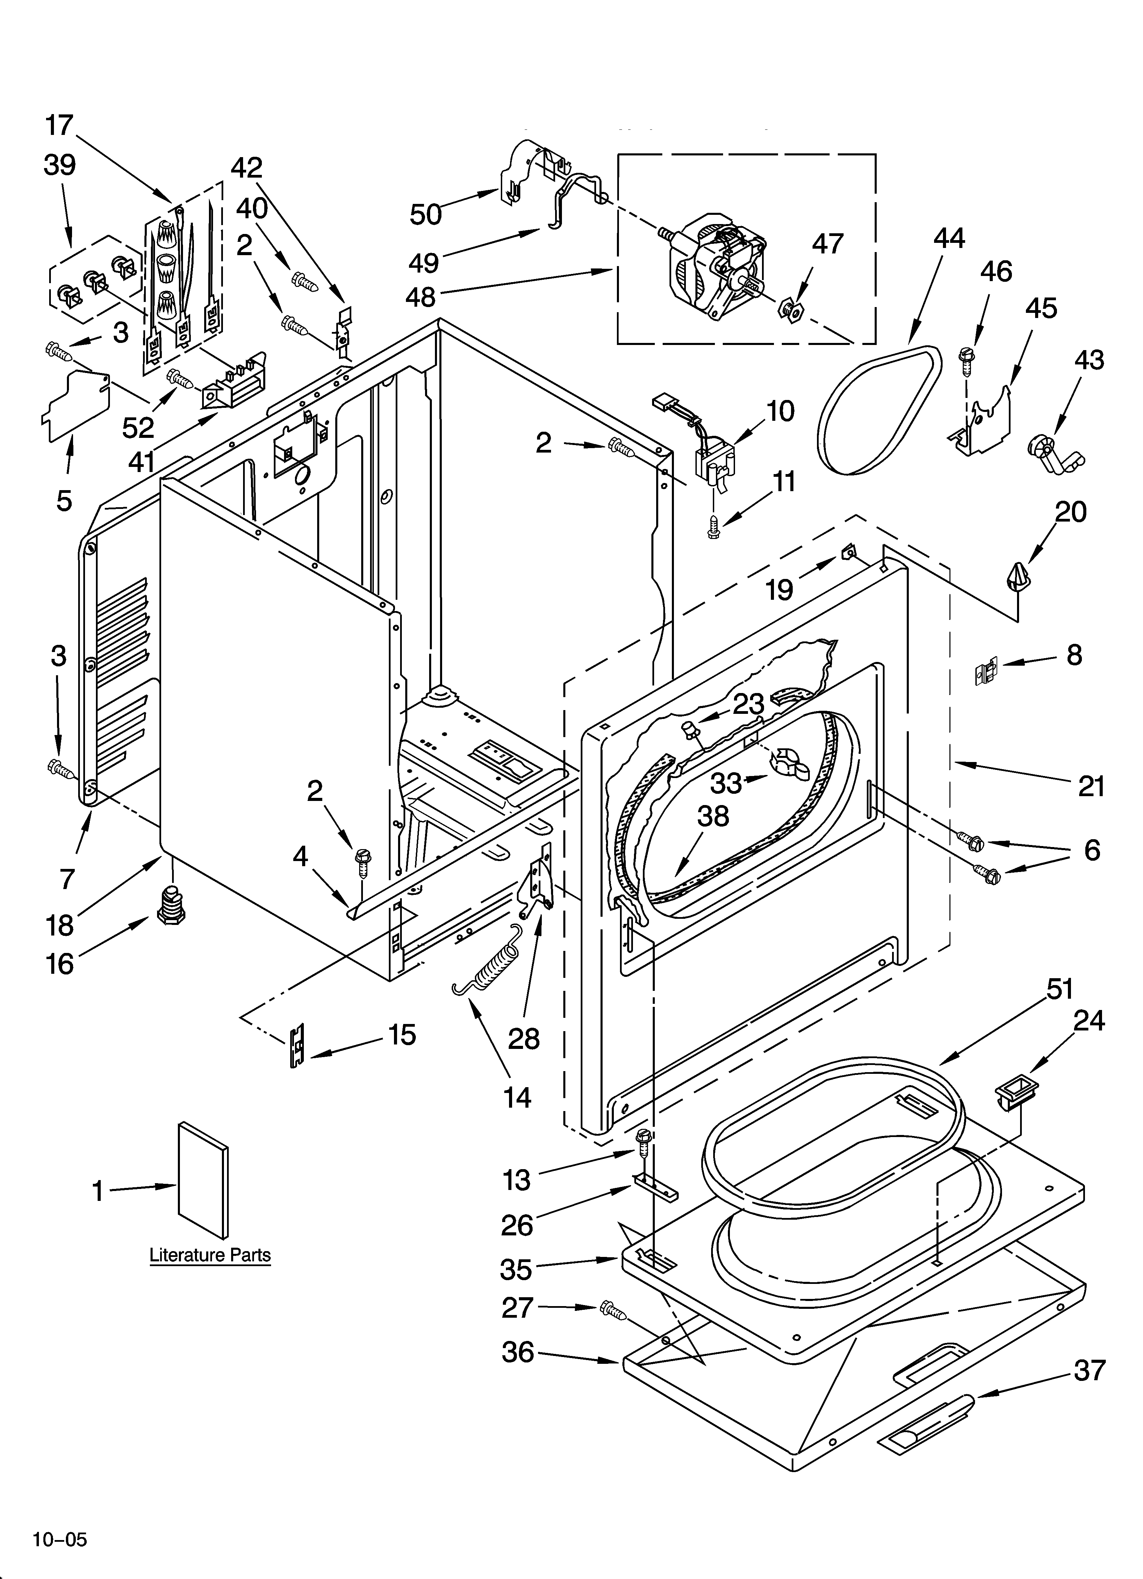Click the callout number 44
[949, 238]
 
